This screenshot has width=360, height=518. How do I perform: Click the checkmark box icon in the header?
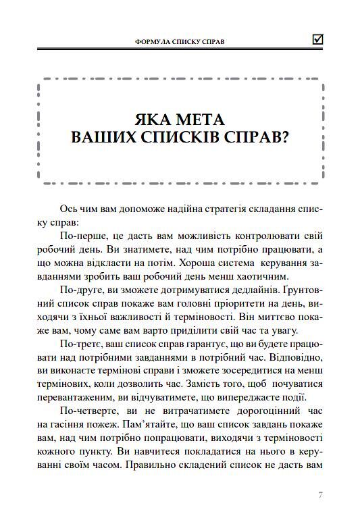click(x=317, y=39)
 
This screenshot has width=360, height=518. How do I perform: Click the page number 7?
click(x=321, y=495)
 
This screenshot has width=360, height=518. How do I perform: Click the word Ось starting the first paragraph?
click(x=69, y=208)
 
